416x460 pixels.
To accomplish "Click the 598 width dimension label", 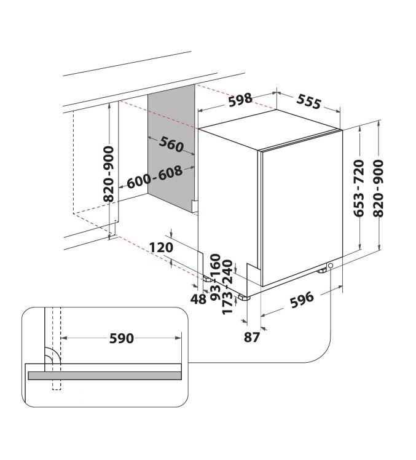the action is click(x=240, y=100).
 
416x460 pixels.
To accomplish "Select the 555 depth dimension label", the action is click(x=308, y=101).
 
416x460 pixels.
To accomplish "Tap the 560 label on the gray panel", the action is click(x=171, y=145).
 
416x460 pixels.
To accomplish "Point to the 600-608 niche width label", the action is click(x=154, y=177).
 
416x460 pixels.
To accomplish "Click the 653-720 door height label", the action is click(x=359, y=188).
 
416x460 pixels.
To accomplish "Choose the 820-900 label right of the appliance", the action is click(x=379, y=188).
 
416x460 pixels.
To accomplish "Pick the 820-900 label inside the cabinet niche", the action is click(x=109, y=175).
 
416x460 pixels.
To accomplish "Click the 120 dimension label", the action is click(x=161, y=247).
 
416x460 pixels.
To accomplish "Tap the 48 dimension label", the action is click(x=198, y=299).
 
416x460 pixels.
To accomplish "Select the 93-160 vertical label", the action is click(x=216, y=277).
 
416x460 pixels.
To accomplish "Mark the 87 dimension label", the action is click(x=252, y=338).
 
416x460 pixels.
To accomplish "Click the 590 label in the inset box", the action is click(x=122, y=338).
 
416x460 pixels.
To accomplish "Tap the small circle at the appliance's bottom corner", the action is click(x=331, y=266).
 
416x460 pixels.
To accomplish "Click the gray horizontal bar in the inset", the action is click(x=104, y=376).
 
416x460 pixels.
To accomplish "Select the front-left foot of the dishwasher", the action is click(x=244, y=298).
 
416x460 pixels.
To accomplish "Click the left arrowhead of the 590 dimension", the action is click(x=64, y=338).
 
